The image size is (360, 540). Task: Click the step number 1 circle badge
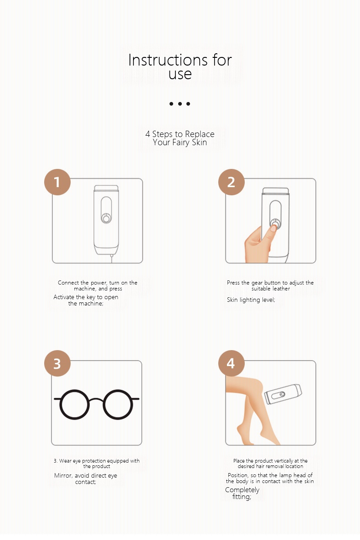click(57, 182)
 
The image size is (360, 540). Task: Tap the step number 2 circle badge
click(231, 182)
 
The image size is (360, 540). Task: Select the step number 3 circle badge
click(57, 363)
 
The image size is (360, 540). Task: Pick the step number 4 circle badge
click(231, 363)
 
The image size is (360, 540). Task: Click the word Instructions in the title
click(168, 60)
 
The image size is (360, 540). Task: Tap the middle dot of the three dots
click(180, 104)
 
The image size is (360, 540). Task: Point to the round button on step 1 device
click(106, 219)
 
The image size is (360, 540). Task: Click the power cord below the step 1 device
click(111, 258)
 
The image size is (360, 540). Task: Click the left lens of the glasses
click(74, 404)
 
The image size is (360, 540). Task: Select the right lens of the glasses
click(118, 404)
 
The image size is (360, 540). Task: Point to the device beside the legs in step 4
click(283, 394)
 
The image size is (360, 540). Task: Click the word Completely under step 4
click(242, 490)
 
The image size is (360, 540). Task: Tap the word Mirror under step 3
click(63, 476)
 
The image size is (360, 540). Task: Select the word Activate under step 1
click(64, 297)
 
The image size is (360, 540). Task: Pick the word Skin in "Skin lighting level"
click(232, 300)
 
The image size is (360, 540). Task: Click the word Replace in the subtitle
click(200, 134)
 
